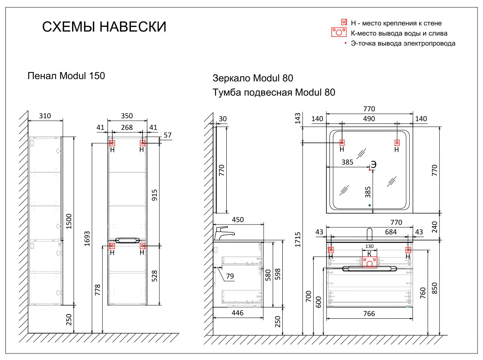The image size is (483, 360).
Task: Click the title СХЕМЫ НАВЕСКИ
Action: pos(104,27)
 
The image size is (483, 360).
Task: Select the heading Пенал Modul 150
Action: pos(66,76)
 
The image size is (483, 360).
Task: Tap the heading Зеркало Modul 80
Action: pos(253,78)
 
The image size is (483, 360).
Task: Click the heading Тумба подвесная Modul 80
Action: pos(274,93)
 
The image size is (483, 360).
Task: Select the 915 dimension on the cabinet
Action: pos(154,195)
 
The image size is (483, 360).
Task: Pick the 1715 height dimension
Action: pos(298,239)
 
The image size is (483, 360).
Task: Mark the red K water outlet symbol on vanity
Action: pos(369,262)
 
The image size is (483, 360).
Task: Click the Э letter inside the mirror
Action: pos(373,165)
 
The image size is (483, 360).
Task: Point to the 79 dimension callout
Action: pos(230,276)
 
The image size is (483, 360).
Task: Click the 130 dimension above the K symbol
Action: pos(369,247)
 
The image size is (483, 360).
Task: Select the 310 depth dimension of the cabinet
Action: pos(45,116)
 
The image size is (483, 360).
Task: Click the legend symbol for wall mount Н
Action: pos(344,22)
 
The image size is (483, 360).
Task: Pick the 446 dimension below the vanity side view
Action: pos(238,313)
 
